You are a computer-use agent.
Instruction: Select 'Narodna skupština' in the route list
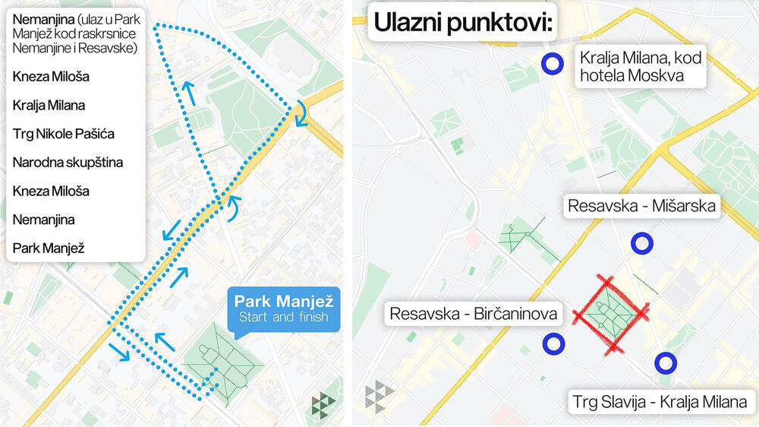pyautogui.click(x=68, y=162)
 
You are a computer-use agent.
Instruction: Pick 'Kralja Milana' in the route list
pyautogui.click(x=49, y=105)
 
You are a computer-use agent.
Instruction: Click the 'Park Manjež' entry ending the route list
pyautogui.click(x=48, y=248)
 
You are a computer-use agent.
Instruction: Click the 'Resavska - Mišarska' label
pyautogui.click(x=642, y=206)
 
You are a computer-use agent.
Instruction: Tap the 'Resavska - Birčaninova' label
pyautogui.click(x=474, y=313)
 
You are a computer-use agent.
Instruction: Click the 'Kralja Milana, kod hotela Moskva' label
pyautogui.click(x=639, y=65)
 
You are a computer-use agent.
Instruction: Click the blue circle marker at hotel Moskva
pyautogui.click(x=552, y=65)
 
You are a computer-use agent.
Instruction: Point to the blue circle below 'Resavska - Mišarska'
pyautogui.click(x=642, y=244)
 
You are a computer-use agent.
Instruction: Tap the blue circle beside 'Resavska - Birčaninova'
pyautogui.click(x=554, y=344)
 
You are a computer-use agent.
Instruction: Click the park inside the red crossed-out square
pyautogui.click(x=609, y=314)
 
